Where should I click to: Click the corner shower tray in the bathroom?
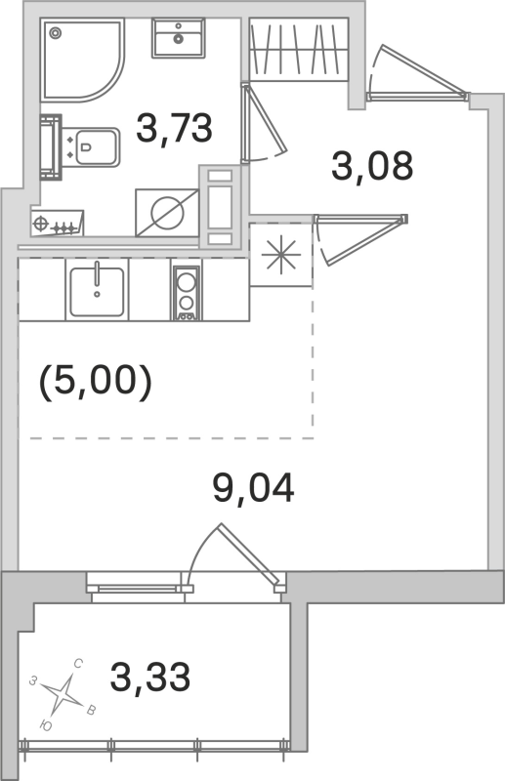point(80,60)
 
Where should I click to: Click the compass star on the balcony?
point(65,694)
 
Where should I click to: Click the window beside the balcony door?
point(137,588)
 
